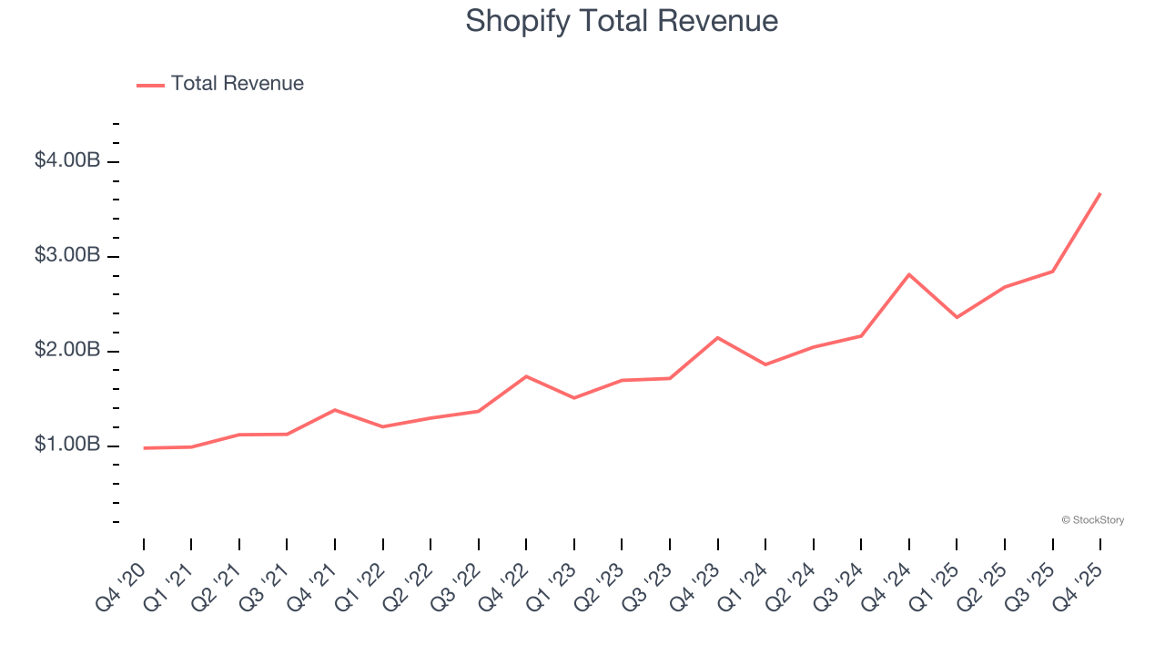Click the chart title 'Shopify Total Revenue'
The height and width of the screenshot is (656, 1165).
pyautogui.click(x=622, y=21)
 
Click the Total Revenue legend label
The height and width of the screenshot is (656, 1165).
pyautogui.click(x=237, y=84)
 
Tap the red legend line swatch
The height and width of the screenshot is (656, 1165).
pyautogui.click(x=150, y=85)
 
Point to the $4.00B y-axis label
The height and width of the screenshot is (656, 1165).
pyautogui.click(x=67, y=161)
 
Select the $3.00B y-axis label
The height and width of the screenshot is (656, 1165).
pyautogui.click(x=67, y=256)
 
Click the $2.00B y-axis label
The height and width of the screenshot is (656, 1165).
pyautogui.click(x=67, y=351)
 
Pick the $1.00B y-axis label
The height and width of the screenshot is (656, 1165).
pyautogui.click(x=67, y=446)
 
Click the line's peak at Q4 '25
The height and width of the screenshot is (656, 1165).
pyautogui.click(x=1099, y=194)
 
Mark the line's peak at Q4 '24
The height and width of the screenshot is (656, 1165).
pyautogui.click(x=909, y=274)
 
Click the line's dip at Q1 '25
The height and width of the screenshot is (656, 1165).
pyautogui.click(x=957, y=317)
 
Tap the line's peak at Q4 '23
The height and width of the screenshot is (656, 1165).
pyautogui.click(x=718, y=338)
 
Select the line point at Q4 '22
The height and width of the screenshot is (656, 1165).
pyautogui.click(x=526, y=376)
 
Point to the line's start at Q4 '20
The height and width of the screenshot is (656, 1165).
pyautogui.click(x=144, y=448)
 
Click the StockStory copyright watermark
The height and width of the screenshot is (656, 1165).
pyautogui.click(x=1092, y=520)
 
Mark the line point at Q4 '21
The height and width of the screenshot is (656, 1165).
pyautogui.click(x=335, y=410)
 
